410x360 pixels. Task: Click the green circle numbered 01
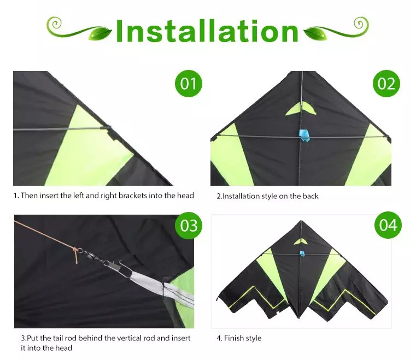[x=188, y=84]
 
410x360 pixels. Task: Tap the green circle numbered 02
[x=386, y=84]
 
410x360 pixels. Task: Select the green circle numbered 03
[x=189, y=225]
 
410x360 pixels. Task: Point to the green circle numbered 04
[x=388, y=225]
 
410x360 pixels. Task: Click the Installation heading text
[x=207, y=31]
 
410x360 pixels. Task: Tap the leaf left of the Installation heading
[x=99, y=34]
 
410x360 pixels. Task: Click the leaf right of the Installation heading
[x=315, y=34]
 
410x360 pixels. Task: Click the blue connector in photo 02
[x=304, y=135]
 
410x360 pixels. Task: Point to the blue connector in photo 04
[x=302, y=253]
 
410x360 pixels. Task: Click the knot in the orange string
[x=75, y=252]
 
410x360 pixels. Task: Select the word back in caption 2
[x=311, y=196]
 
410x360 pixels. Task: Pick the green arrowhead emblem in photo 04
[x=301, y=241]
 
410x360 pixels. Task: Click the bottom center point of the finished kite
[x=299, y=318]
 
